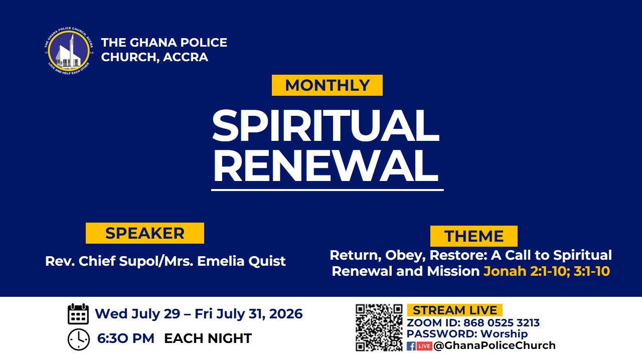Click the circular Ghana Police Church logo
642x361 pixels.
coord(69,51)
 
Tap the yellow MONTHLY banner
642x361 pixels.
coord(327,85)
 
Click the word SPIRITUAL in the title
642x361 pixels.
coord(326,125)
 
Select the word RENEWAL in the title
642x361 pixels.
coord(326,166)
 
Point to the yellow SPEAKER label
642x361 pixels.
coord(145,233)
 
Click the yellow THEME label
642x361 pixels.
coord(474,236)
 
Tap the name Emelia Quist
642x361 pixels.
coord(241,261)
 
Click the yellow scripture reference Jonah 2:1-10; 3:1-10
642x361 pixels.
coord(547,271)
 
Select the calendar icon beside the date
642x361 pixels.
coord(78,314)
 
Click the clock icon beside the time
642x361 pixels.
coord(79,339)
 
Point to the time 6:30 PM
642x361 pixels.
coord(125,338)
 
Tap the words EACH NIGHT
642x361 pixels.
coord(208,338)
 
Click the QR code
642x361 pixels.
coord(379,327)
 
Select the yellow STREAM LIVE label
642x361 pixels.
coord(455,310)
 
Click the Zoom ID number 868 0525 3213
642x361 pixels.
coord(501,322)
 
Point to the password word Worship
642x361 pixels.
coord(504,334)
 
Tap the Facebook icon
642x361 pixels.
coord(411,346)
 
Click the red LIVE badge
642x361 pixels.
coord(424,346)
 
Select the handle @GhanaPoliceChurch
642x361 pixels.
coord(495,345)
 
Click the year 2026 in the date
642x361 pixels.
coord(286,314)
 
